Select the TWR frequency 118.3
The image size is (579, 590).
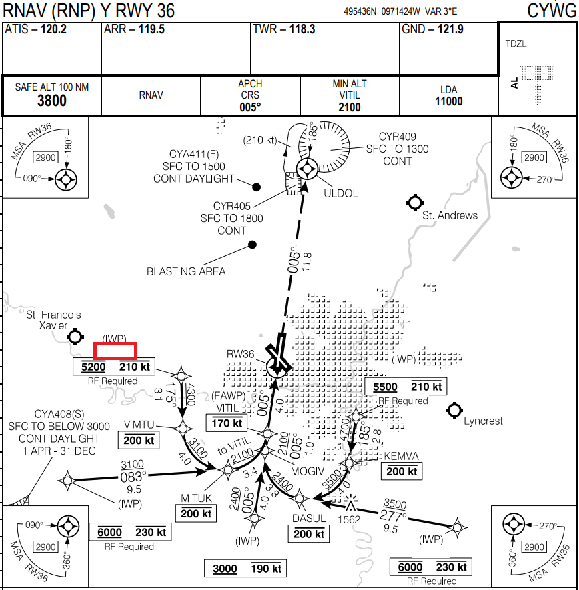[x=302, y=30]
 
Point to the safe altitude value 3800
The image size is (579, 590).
[x=51, y=101]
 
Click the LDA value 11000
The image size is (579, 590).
[x=448, y=101]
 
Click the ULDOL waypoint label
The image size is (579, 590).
[x=342, y=193]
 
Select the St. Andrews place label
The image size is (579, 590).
[x=450, y=215]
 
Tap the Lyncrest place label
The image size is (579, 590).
[x=483, y=421]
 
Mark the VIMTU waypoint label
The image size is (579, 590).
[x=139, y=425]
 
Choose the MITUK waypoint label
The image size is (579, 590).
[x=196, y=498]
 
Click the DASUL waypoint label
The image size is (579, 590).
[x=309, y=519]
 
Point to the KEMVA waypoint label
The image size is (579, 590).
[x=401, y=456]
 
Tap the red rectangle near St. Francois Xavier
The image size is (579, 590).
[x=115, y=350]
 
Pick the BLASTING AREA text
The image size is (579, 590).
[x=186, y=271]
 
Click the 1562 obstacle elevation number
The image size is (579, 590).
[x=350, y=519]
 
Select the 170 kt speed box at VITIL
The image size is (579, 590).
[x=227, y=423]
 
